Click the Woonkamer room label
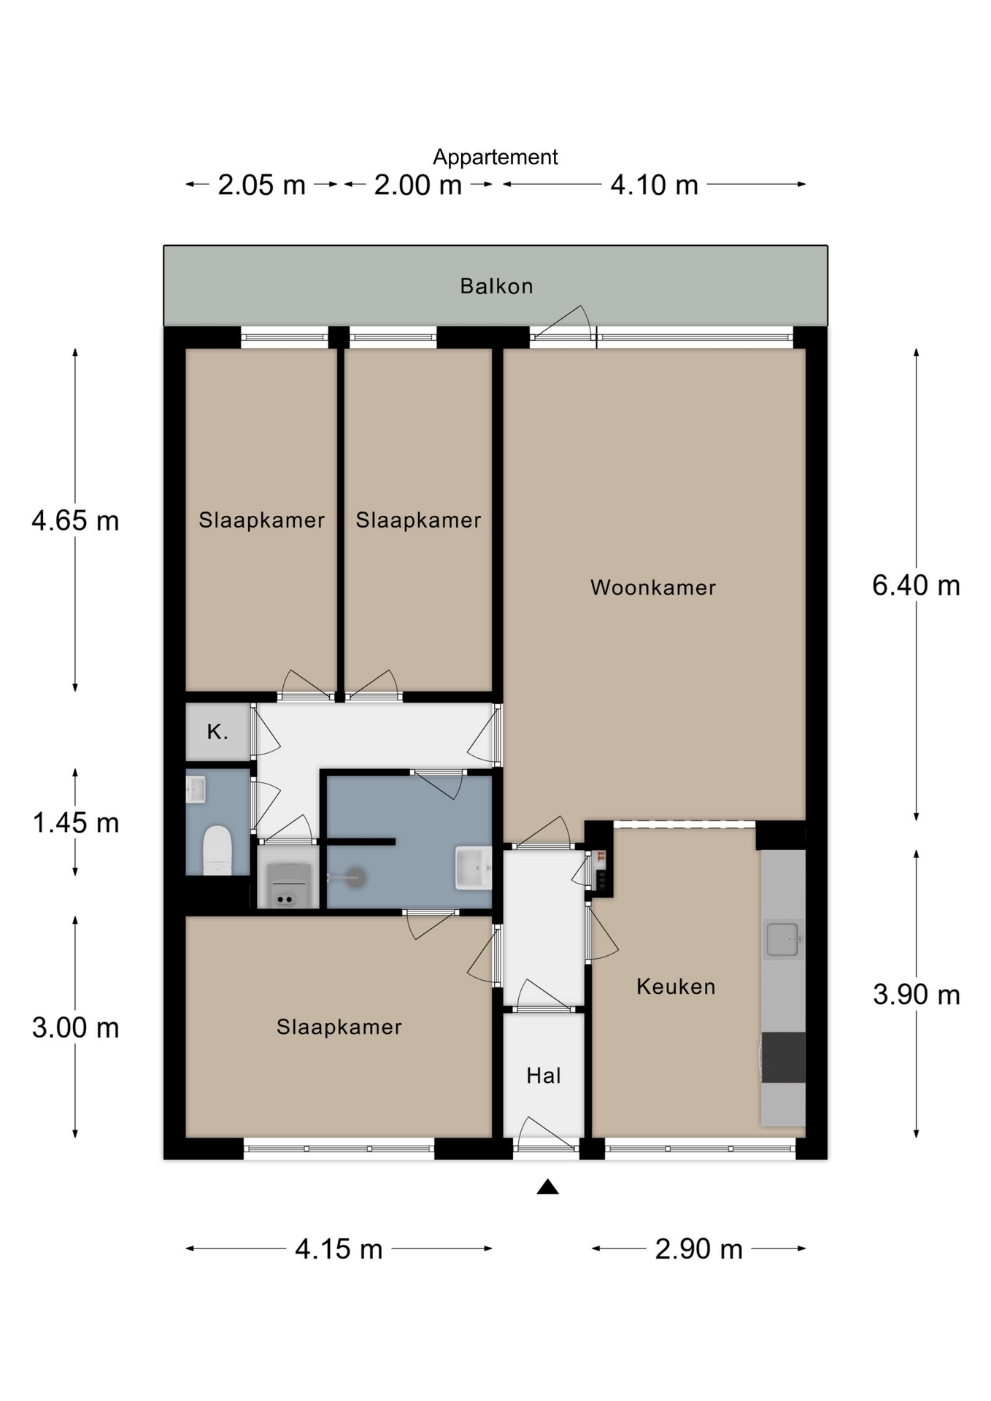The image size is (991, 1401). [653, 587]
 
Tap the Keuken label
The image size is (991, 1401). [676, 987]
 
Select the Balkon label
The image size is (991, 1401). [496, 286]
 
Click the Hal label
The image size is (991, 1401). [544, 1076]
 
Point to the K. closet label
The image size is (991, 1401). [217, 731]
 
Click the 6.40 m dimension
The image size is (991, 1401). [916, 585]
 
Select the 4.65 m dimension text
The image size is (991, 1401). [75, 521]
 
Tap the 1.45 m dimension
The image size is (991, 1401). [76, 823]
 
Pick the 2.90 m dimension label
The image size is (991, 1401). [698, 1249]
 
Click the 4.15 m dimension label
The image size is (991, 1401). [339, 1249]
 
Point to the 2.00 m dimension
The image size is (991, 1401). [418, 185]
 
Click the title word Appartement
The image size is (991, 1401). [495, 157]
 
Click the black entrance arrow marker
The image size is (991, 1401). [547, 1187]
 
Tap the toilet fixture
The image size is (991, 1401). [217, 850]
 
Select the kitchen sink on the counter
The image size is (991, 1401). [783, 939]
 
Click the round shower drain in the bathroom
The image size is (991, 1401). [355, 877]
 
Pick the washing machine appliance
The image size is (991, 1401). [288, 885]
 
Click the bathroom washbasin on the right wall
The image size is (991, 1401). [474, 868]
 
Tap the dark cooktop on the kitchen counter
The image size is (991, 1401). [783, 1057]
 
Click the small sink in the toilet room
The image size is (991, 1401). [195, 790]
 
